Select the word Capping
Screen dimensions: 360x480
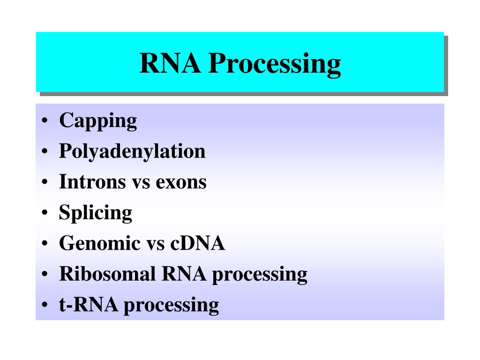coord(98,121)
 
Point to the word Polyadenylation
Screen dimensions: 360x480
coord(132,152)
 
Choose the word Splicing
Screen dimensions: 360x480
coord(96,213)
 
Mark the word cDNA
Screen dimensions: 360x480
coord(197,244)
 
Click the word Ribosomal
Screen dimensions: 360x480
coord(107,274)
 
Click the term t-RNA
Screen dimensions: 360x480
coord(89,305)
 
